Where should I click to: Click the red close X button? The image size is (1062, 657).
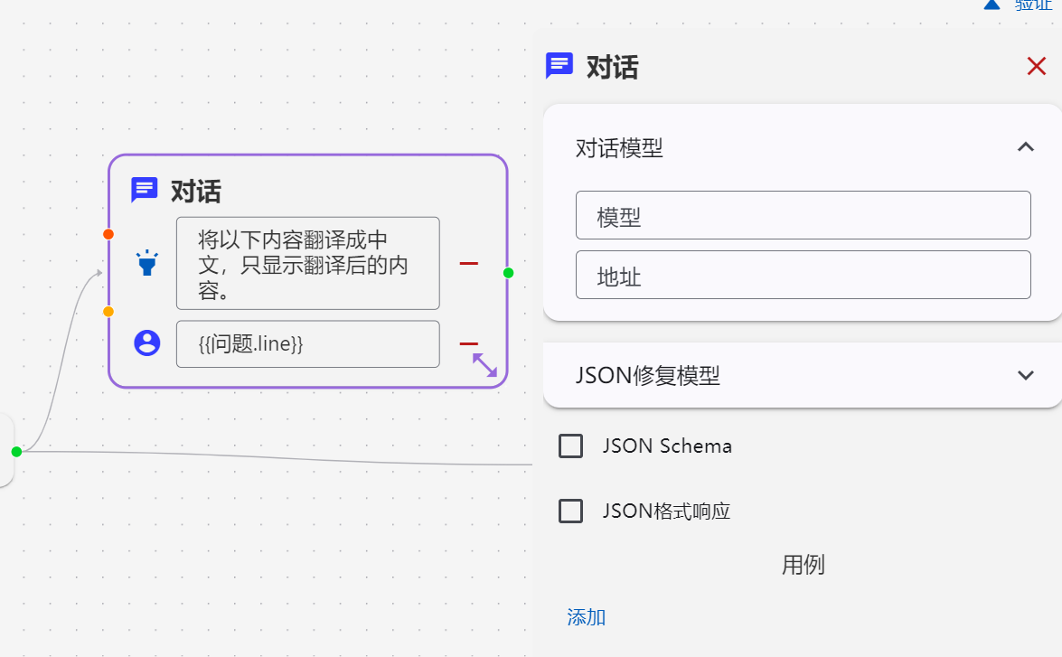tap(1037, 66)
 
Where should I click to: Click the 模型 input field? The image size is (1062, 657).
tap(804, 215)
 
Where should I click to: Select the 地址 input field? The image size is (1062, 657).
tap(804, 275)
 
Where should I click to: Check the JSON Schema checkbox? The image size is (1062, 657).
tap(570, 446)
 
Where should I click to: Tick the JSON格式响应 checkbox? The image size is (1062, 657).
tap(570, 512)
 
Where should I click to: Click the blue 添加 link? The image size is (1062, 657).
tap(587, 617)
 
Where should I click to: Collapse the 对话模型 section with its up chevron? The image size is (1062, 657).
tap(1026, 147)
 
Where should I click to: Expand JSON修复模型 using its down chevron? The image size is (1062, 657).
tap(1026, 375)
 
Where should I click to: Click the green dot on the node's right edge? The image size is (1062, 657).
tap(509, 273)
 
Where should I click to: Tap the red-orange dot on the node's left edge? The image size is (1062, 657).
tap(108, 234)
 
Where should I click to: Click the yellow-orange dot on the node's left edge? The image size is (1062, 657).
tap(108, 312)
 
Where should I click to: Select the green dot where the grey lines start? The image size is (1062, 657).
tap(17, 452)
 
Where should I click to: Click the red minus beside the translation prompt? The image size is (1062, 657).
tap(469, 263)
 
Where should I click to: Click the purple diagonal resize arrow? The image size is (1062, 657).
tap(485, 365)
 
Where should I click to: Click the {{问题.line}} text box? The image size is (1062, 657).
tap(308, 344)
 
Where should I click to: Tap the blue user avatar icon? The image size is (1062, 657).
tap(147, 343)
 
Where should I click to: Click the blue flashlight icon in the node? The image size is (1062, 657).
tap(147, 263)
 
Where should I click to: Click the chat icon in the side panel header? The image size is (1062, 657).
tap(559, 66)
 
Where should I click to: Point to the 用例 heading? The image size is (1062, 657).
tap(804, 565)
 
